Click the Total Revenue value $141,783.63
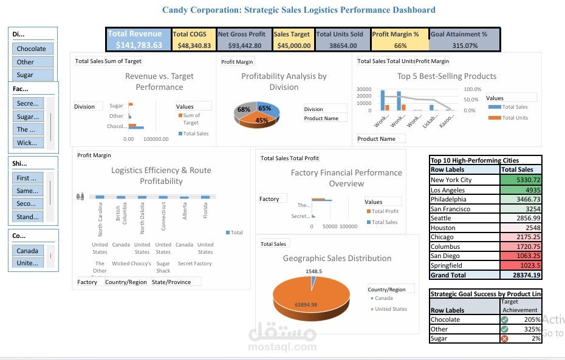(x=139, y=45)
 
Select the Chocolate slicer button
(x=33, y=49)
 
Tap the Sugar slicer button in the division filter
(x=33, y=75)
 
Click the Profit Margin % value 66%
(x=400, y=46)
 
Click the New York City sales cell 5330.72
(x=521, y=180)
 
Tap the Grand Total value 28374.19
(x=521, y=275)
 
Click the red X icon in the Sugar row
(x=504, y=339)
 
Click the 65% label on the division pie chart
(x=264, y=108)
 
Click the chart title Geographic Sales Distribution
(x=337, y=258)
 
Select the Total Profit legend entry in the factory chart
(x=385, y=211)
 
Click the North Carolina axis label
(x=100, y=220)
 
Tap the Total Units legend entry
(x=514, y=118)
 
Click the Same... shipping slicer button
(x=28, y=191)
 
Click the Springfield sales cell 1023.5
(x=521, y=265)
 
